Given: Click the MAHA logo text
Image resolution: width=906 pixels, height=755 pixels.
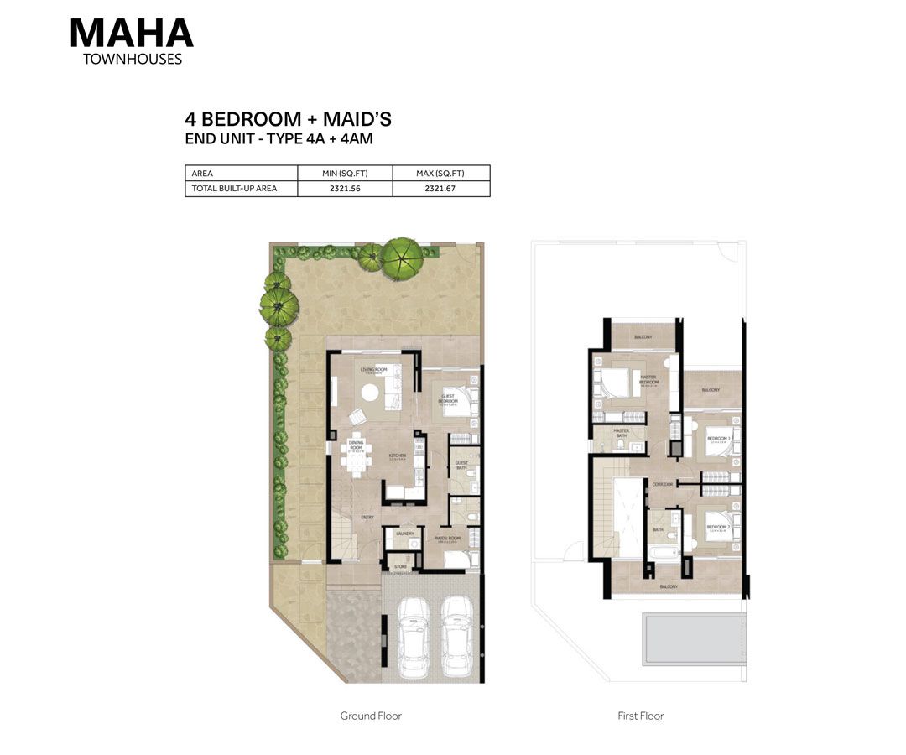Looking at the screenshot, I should [x=132, y=33].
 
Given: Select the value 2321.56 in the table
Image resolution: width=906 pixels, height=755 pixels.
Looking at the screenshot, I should [x=345, y=189].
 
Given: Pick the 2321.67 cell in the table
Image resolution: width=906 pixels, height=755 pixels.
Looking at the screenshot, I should [x=440, y=189].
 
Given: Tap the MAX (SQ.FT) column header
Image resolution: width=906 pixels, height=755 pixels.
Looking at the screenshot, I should [x=440, y=174].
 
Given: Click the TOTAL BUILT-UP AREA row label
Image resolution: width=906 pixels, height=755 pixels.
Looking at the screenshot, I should [x=234, y=189].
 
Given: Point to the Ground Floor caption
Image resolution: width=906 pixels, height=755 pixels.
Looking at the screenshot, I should [x=371, y=716].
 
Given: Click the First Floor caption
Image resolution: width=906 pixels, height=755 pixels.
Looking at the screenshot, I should [x=640, y=716].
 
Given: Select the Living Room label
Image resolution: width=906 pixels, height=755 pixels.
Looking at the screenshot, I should [x=372, y=369].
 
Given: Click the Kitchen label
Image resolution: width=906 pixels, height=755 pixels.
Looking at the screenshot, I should [x=397, y=456].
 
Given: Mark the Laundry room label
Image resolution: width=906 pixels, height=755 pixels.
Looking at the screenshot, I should [x=406, y=533].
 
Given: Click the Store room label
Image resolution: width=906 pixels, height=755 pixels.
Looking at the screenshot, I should [x=400, y=567].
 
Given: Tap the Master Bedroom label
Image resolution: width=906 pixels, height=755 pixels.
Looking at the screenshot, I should [x=648, y=379].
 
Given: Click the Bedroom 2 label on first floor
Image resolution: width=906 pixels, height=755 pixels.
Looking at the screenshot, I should [x=718, y=439].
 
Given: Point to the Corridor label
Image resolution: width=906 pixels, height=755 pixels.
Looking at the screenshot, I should [x=662, y=484].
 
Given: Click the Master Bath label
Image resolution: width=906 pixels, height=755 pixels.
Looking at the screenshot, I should [x=621, y=432].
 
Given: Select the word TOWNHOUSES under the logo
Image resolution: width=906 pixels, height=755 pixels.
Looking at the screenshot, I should [x=133, y=60].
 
